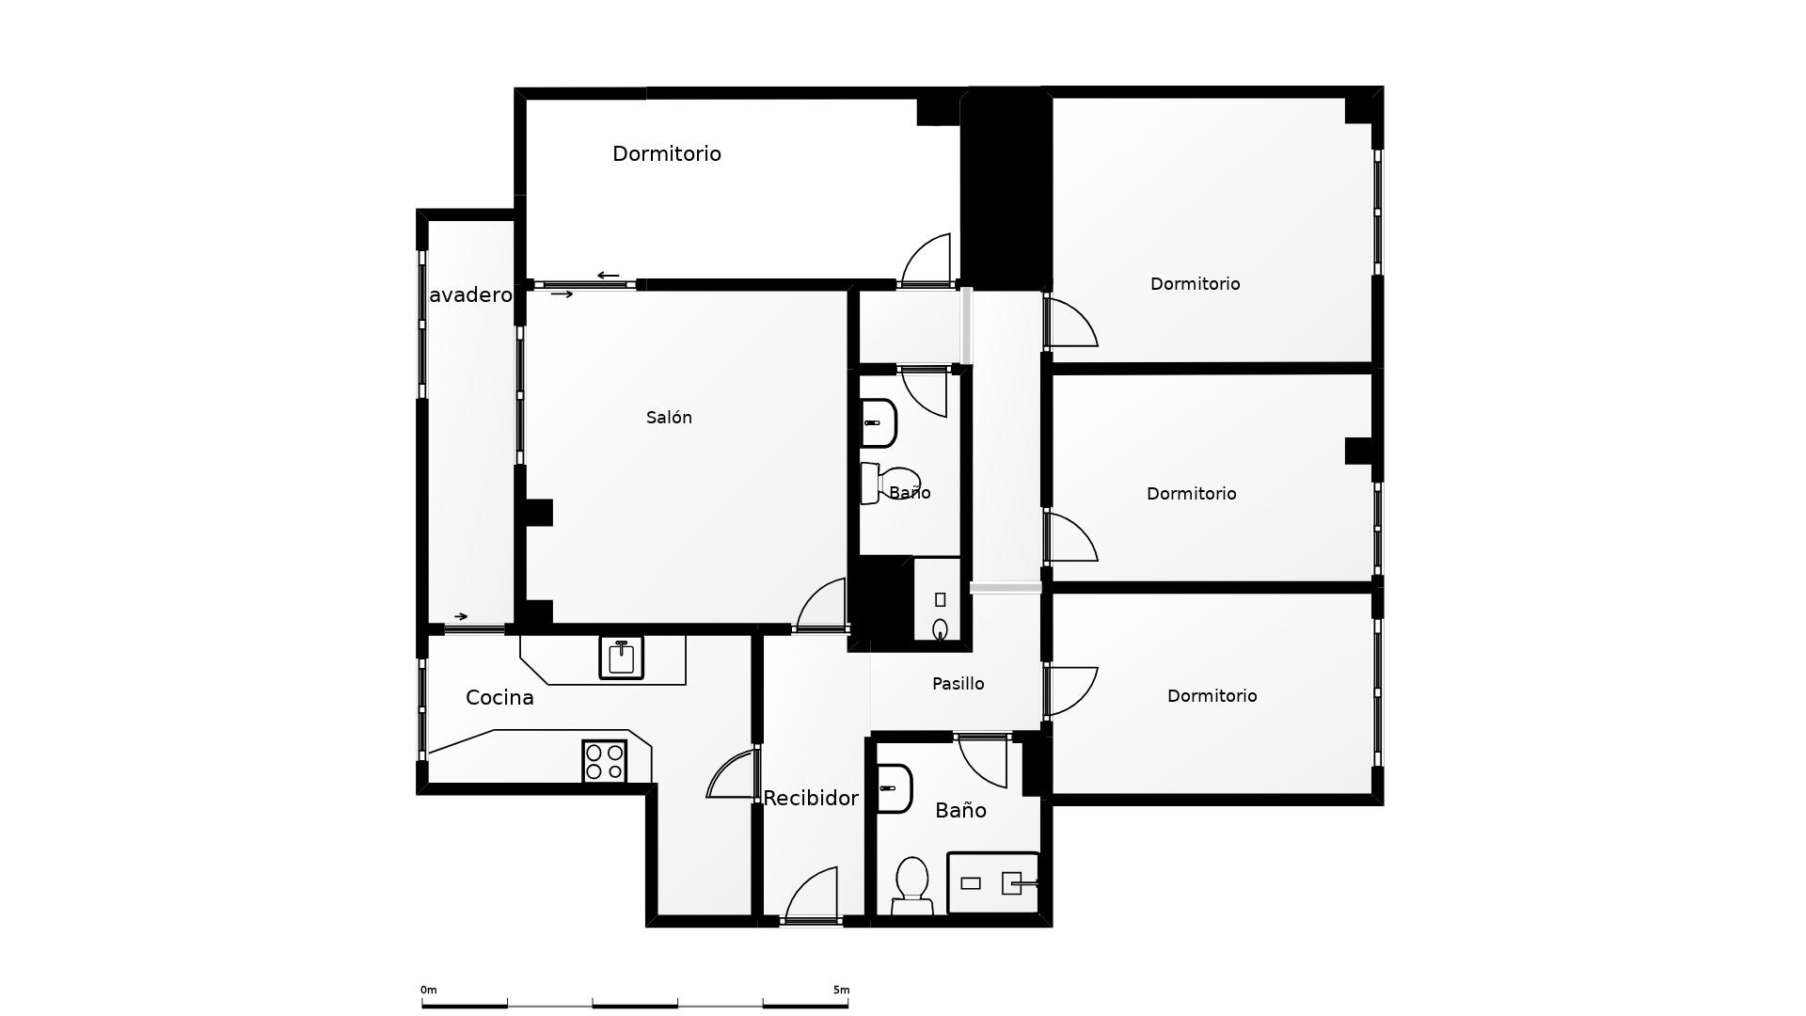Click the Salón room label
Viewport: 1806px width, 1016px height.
coord(669,418)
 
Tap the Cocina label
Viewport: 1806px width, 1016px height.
coord(499,698)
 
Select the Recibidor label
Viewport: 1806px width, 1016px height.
coord(811,799)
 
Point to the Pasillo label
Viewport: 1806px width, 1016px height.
coord(958,684)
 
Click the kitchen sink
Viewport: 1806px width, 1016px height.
coord(621,658)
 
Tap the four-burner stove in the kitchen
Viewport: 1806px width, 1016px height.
coord(605,761)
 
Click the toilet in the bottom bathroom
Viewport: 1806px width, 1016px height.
coord(911,885)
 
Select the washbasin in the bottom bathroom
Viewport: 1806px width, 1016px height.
coord(895,788)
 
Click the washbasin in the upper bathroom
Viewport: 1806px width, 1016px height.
coord(879,423)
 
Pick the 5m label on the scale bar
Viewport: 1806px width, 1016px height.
coord(841,990)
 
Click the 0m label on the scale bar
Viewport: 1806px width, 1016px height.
coord(429,990)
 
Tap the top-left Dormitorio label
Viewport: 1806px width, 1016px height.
coord(667,153)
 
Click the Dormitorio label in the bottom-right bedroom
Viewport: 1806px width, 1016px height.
coord(1212,696)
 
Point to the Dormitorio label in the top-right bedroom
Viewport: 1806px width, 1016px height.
coord(1195,284)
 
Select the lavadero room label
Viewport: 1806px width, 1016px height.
coord(470,295)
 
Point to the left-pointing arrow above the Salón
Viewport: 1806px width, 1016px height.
coord(609,276)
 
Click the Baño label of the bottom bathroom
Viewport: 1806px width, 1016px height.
coord(960,811)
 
